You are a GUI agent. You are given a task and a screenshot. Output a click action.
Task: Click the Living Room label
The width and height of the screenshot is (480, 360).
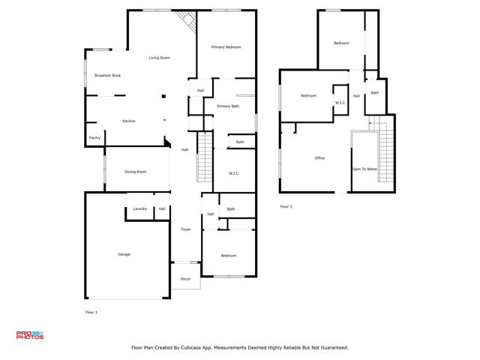point(159,58)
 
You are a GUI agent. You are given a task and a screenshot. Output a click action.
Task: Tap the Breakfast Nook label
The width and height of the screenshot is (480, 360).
point(107,76)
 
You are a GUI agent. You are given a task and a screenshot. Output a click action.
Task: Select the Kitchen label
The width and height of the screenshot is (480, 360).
point(129,121)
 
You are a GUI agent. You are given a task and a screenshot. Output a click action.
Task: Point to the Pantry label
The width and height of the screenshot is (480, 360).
point(94,138)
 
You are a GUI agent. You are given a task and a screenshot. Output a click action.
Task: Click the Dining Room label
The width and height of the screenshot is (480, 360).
point(135,172)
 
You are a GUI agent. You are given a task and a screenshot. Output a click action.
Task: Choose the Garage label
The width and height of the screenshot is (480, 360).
point(124,254)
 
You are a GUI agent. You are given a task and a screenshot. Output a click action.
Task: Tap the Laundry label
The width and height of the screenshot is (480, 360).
point(139,208)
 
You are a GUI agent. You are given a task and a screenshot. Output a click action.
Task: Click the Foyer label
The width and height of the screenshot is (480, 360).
point(185,229)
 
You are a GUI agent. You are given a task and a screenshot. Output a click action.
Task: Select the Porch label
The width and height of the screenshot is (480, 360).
point(185,279)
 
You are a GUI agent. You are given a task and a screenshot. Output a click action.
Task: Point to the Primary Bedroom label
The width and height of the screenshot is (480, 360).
point(226,47)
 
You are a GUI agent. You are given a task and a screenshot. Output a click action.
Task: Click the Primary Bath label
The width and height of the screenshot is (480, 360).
point(228,106)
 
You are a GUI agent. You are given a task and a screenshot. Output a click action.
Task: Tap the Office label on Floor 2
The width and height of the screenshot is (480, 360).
point(319,158)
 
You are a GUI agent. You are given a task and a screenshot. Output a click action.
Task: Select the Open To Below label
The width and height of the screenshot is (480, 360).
point(364,169)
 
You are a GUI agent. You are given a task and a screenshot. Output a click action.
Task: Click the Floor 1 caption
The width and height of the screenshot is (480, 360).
point(91,311)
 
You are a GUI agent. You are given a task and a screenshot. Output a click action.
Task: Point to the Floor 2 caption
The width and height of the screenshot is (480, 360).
point(286,206)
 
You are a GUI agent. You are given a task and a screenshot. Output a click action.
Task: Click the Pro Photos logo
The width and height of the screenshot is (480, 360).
point(30,335)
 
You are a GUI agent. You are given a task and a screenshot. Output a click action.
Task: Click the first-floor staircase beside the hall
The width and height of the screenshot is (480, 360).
point(205,157)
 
